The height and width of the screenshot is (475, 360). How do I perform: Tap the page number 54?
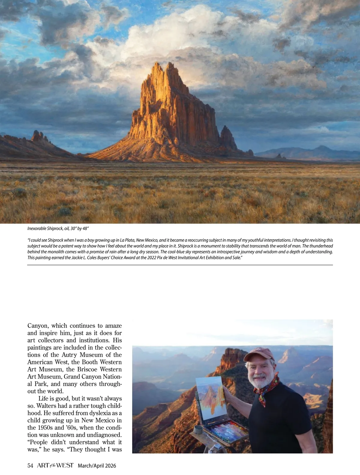click(x=30, y=465)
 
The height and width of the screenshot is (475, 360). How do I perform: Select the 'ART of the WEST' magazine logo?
click(x=55, y=465)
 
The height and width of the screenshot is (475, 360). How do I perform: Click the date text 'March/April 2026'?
click(x=97, y=466)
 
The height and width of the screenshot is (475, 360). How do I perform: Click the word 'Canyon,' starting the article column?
click(x=38, y=326)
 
